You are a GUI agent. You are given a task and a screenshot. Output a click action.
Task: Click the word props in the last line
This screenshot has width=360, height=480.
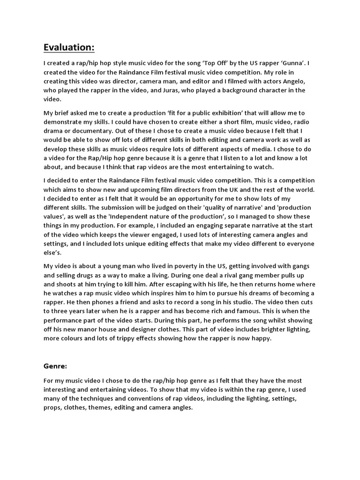pyautogui.click(x=53, y=408)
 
